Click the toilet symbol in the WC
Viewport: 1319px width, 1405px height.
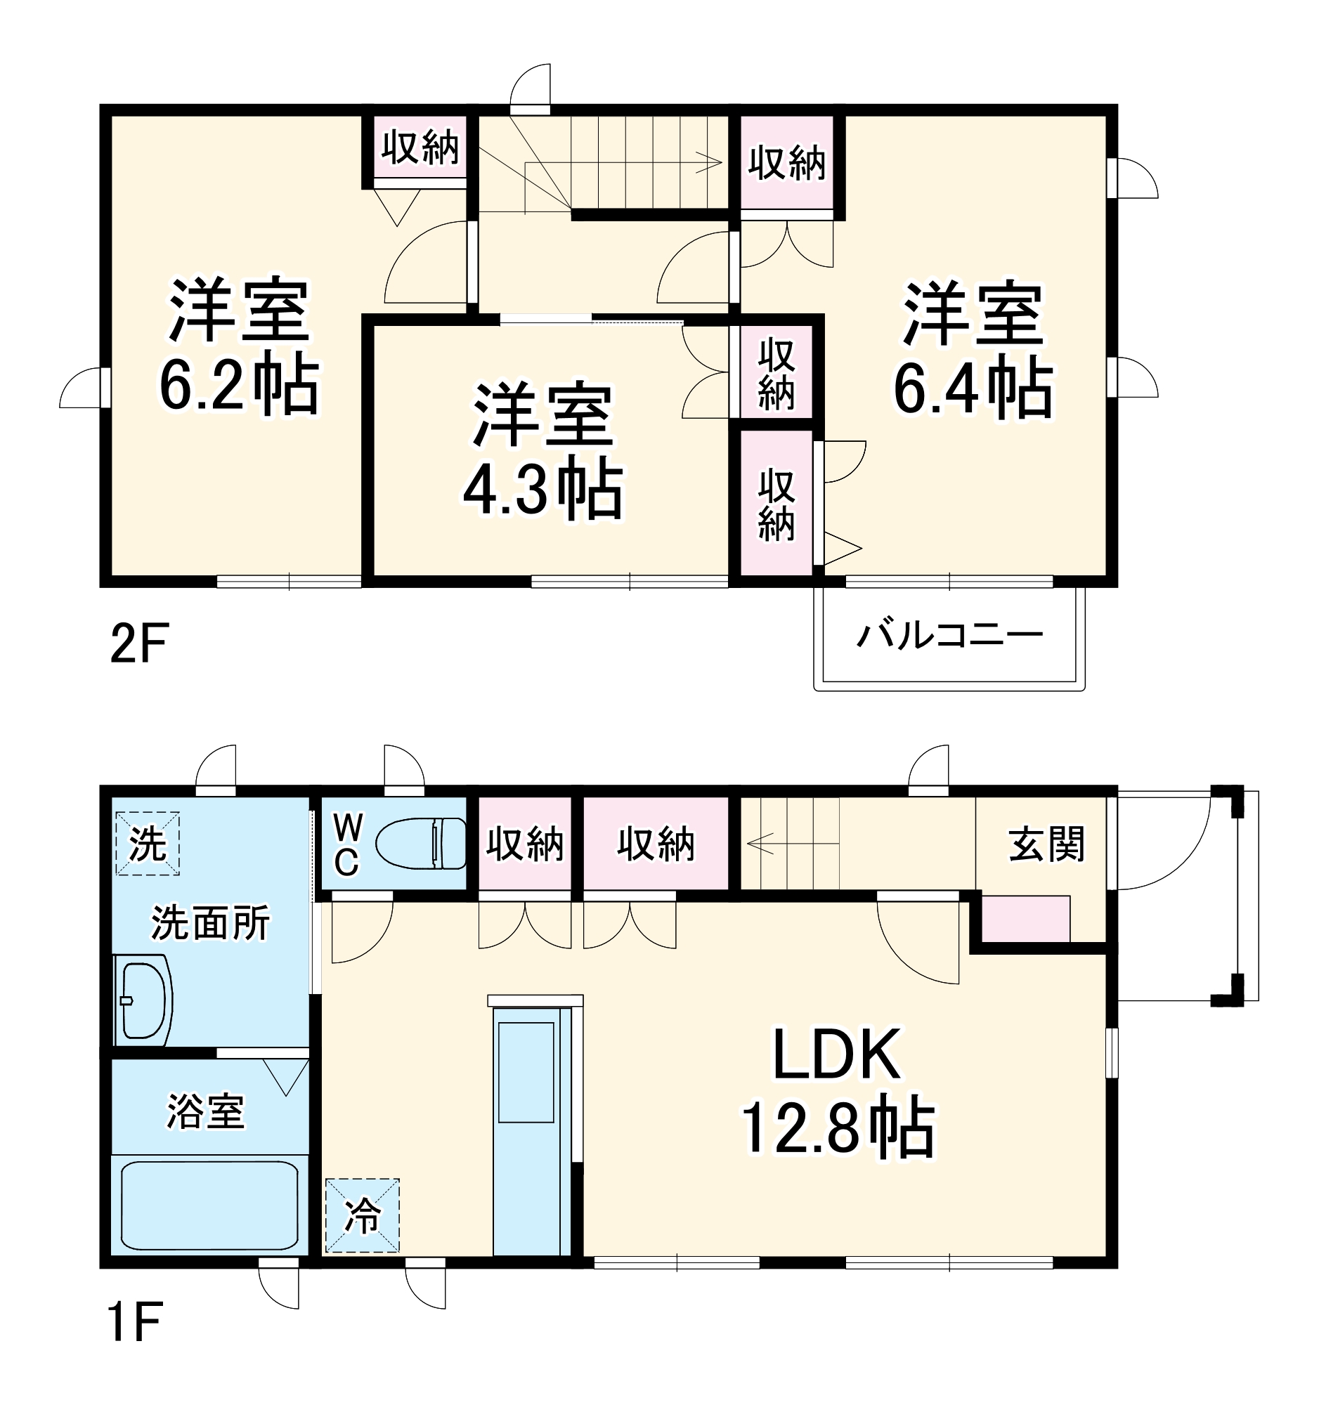point(420,843)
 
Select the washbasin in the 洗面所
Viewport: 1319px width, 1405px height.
point(144,1000)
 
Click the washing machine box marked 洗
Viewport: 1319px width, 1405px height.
point(147,844)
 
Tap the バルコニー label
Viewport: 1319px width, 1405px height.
point(949,634)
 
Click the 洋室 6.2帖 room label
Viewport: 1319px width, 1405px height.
point(239,348)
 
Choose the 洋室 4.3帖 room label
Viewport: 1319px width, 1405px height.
point(543,452)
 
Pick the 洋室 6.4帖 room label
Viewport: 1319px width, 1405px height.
point(973,351)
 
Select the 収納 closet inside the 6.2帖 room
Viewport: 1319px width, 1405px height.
point(420,148)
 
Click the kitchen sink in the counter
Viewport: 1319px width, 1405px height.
point(526,1072)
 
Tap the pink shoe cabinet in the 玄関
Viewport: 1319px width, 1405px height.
point(1026,918)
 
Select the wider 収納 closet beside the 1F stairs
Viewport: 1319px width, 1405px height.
point(656,844)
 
